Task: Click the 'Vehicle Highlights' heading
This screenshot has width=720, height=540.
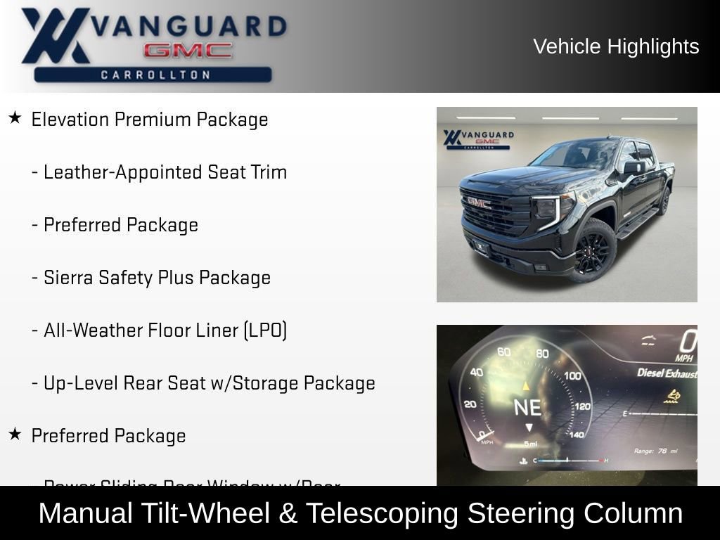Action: (x=616, y=46)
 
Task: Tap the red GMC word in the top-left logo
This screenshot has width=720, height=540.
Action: (x=188, y=51)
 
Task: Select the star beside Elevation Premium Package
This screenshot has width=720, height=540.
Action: (x=15, y=118)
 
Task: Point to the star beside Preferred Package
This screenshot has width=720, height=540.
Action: (x=15, y=435)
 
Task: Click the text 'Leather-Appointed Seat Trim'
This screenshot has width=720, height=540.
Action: (x=165, y=172)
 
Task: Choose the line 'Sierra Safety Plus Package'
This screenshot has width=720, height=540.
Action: (x=157, y=278)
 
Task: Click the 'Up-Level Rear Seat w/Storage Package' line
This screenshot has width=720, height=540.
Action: (x=209, y=383)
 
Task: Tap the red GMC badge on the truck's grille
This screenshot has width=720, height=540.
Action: (x=480, y=202)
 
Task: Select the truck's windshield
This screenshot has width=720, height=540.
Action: (x=576, y=155)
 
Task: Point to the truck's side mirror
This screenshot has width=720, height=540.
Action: (x=633, y=167)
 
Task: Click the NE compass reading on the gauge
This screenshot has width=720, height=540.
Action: (x=528, y=407)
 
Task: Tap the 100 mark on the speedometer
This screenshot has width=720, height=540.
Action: (x=572, y=375)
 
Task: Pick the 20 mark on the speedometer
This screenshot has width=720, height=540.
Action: (x=470, y=404)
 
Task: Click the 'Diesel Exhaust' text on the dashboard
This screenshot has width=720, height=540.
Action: (x=667, y=373)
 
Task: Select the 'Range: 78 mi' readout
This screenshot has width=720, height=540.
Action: (x=655, y=451)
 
